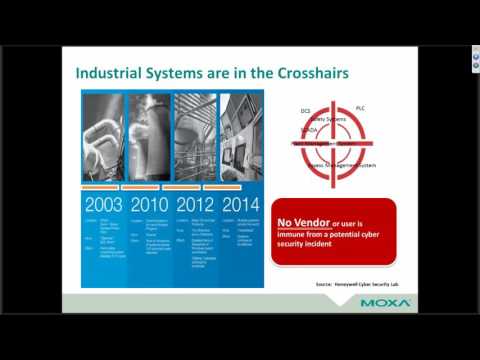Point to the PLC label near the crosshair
coord(361,107)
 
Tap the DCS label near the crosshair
coord(307,108)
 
